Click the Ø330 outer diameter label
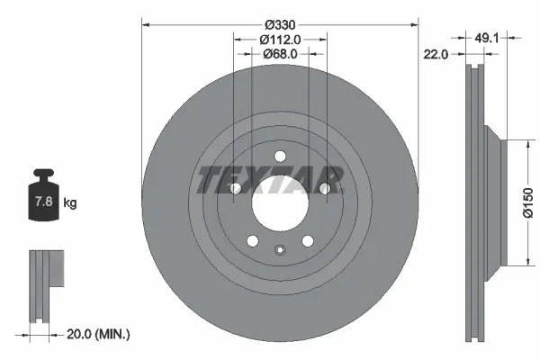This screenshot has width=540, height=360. [280, 23]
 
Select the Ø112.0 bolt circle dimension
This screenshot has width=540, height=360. [280, 39]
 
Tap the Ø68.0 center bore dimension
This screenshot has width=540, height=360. [280, 54]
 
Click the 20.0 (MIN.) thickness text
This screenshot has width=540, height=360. [100, 334]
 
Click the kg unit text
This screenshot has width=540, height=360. [70, 203]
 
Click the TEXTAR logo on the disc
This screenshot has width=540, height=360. [271, 178]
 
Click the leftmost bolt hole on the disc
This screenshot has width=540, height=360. [236, 188]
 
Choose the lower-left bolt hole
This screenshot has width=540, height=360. [253, 240]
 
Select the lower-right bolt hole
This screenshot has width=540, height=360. [307, 240]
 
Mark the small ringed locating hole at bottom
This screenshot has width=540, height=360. [280, 251]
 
